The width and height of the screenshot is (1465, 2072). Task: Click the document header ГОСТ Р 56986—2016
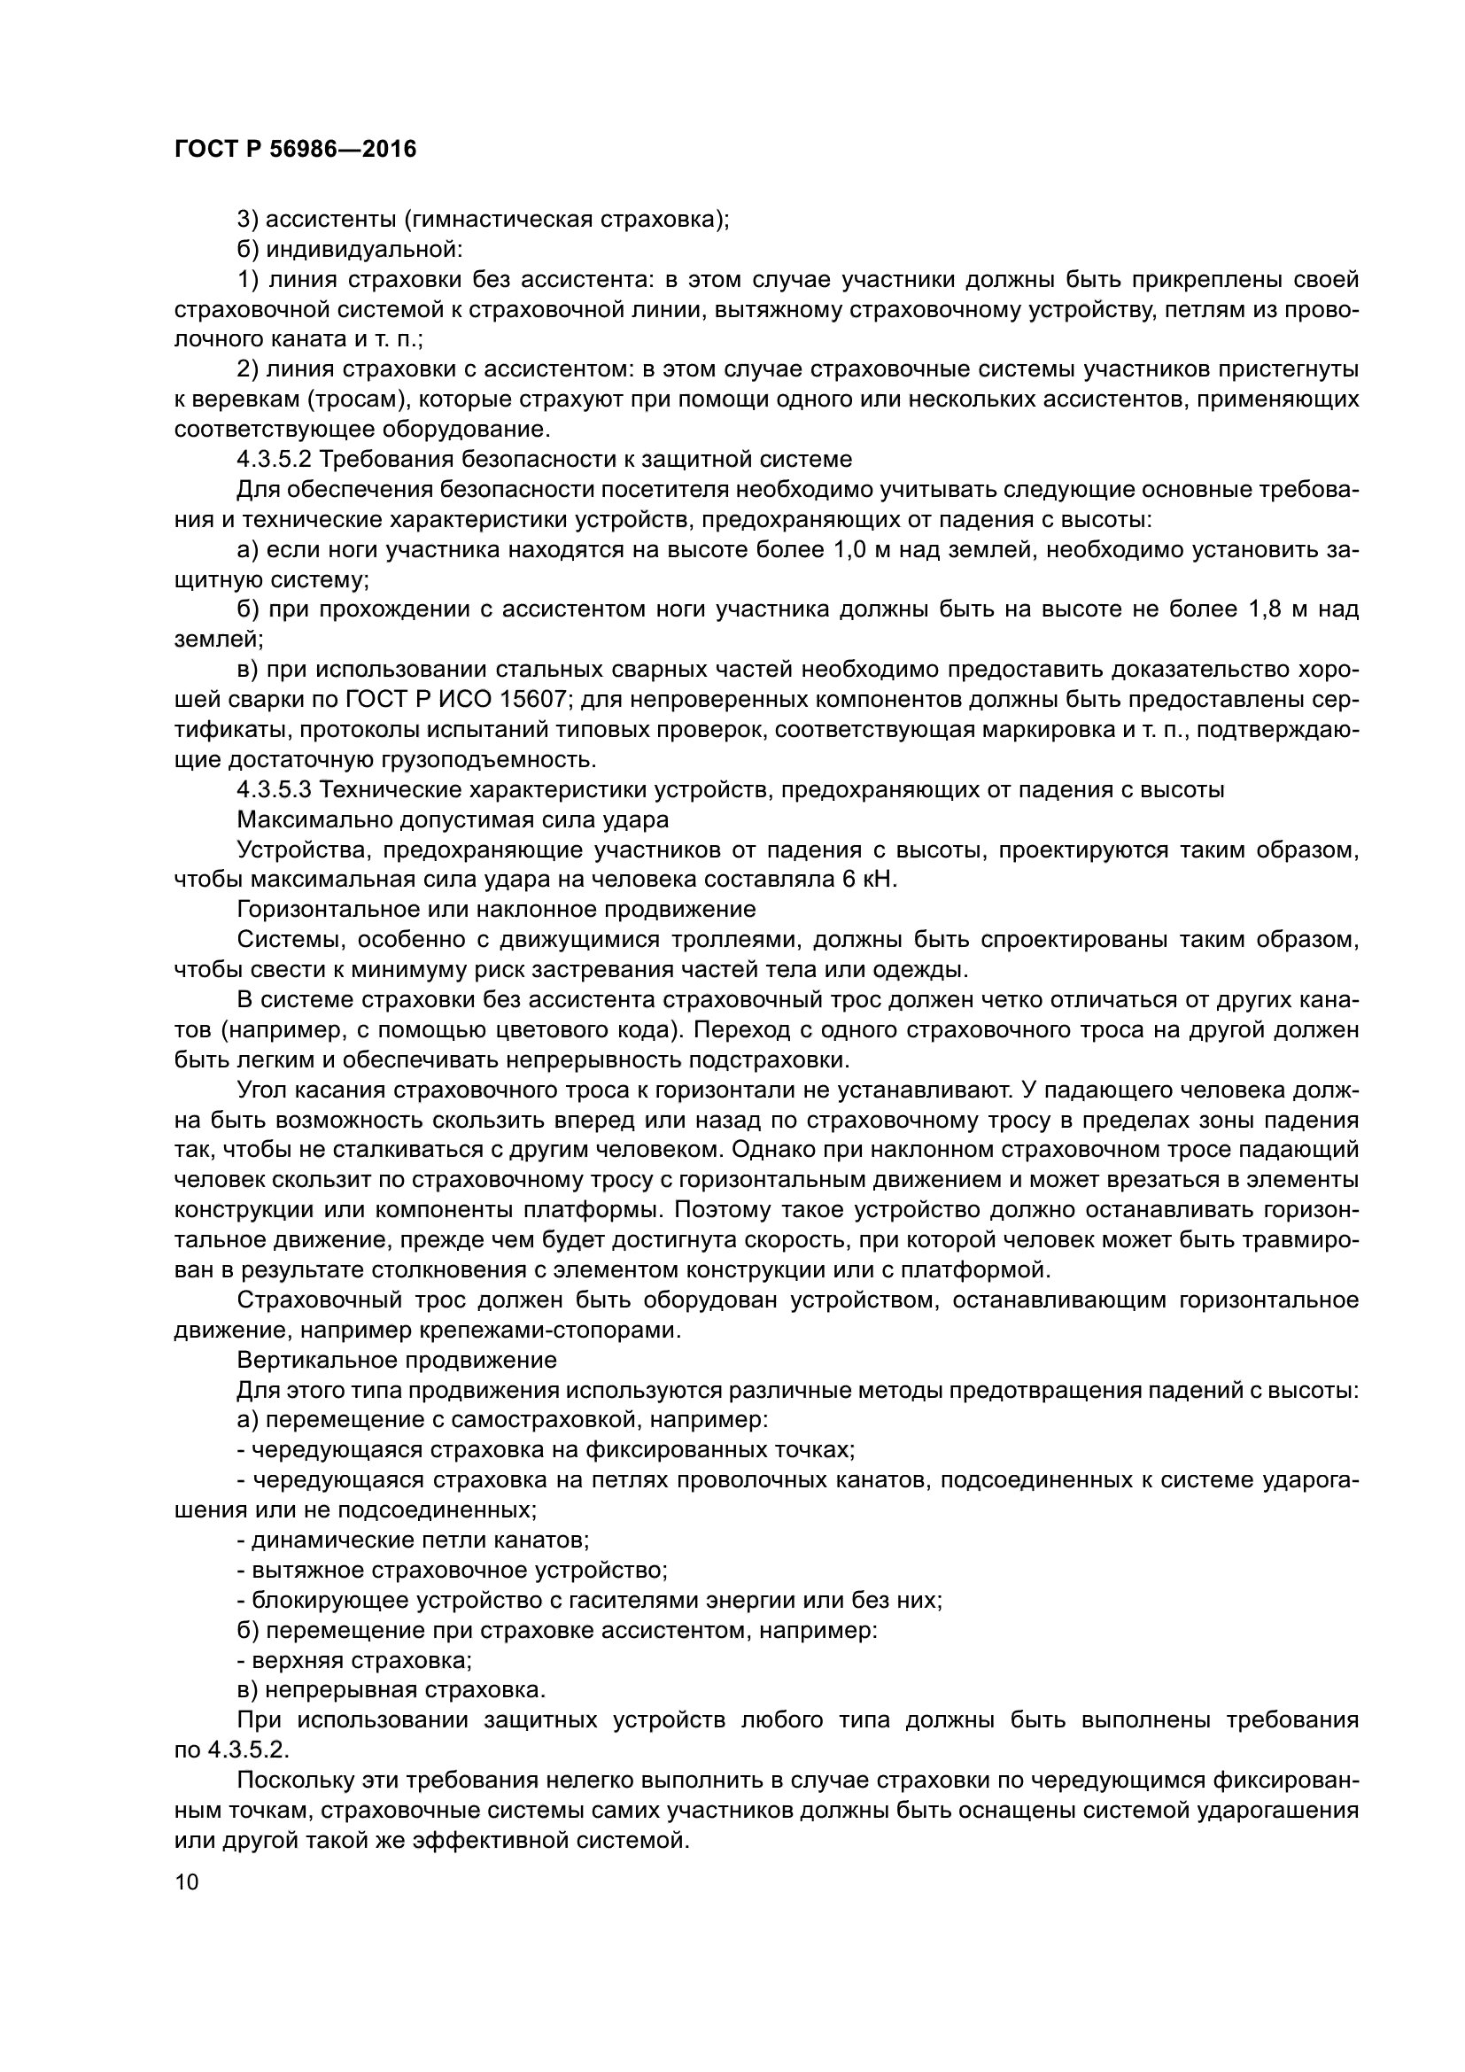[x=295, y=150]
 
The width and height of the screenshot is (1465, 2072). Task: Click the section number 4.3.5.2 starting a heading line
[x=275, y=460]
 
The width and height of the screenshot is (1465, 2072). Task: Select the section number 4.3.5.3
[x=275, y=789]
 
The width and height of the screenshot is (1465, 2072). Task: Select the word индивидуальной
[x=363, y=249]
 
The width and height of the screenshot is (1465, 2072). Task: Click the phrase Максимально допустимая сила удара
[x=453, y=819]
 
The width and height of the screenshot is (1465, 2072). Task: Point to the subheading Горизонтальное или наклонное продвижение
[x=496, y=910]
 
